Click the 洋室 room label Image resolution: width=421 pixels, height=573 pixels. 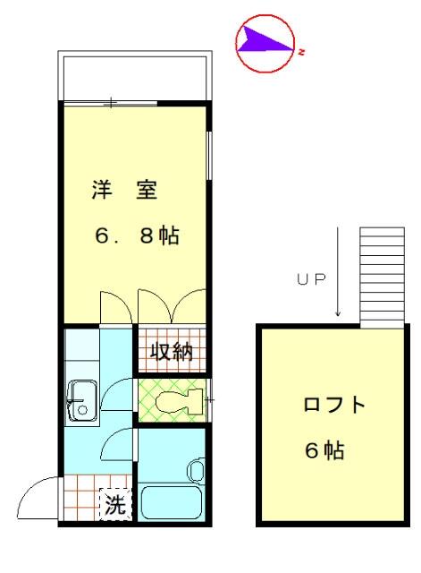coord(124,190)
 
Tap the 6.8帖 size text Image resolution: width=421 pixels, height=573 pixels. coord(137,235)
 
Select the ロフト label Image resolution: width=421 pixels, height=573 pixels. coord(334,404)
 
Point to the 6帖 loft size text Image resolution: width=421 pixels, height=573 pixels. coord(324,449)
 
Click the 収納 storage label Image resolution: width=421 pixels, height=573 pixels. coord(172,352)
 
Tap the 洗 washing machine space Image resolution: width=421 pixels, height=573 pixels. coord(115,504)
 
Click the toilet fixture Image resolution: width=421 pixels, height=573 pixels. coord(179,401)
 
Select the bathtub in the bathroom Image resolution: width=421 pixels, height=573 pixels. coord(172,502)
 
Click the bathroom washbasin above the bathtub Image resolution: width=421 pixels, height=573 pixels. coord(196,470)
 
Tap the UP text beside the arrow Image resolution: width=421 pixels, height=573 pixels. coord(311,279)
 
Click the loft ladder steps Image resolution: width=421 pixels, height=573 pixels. coord(382,278)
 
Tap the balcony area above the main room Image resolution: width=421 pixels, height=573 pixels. coord(135,78)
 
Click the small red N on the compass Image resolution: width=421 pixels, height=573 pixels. coord(301,52)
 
